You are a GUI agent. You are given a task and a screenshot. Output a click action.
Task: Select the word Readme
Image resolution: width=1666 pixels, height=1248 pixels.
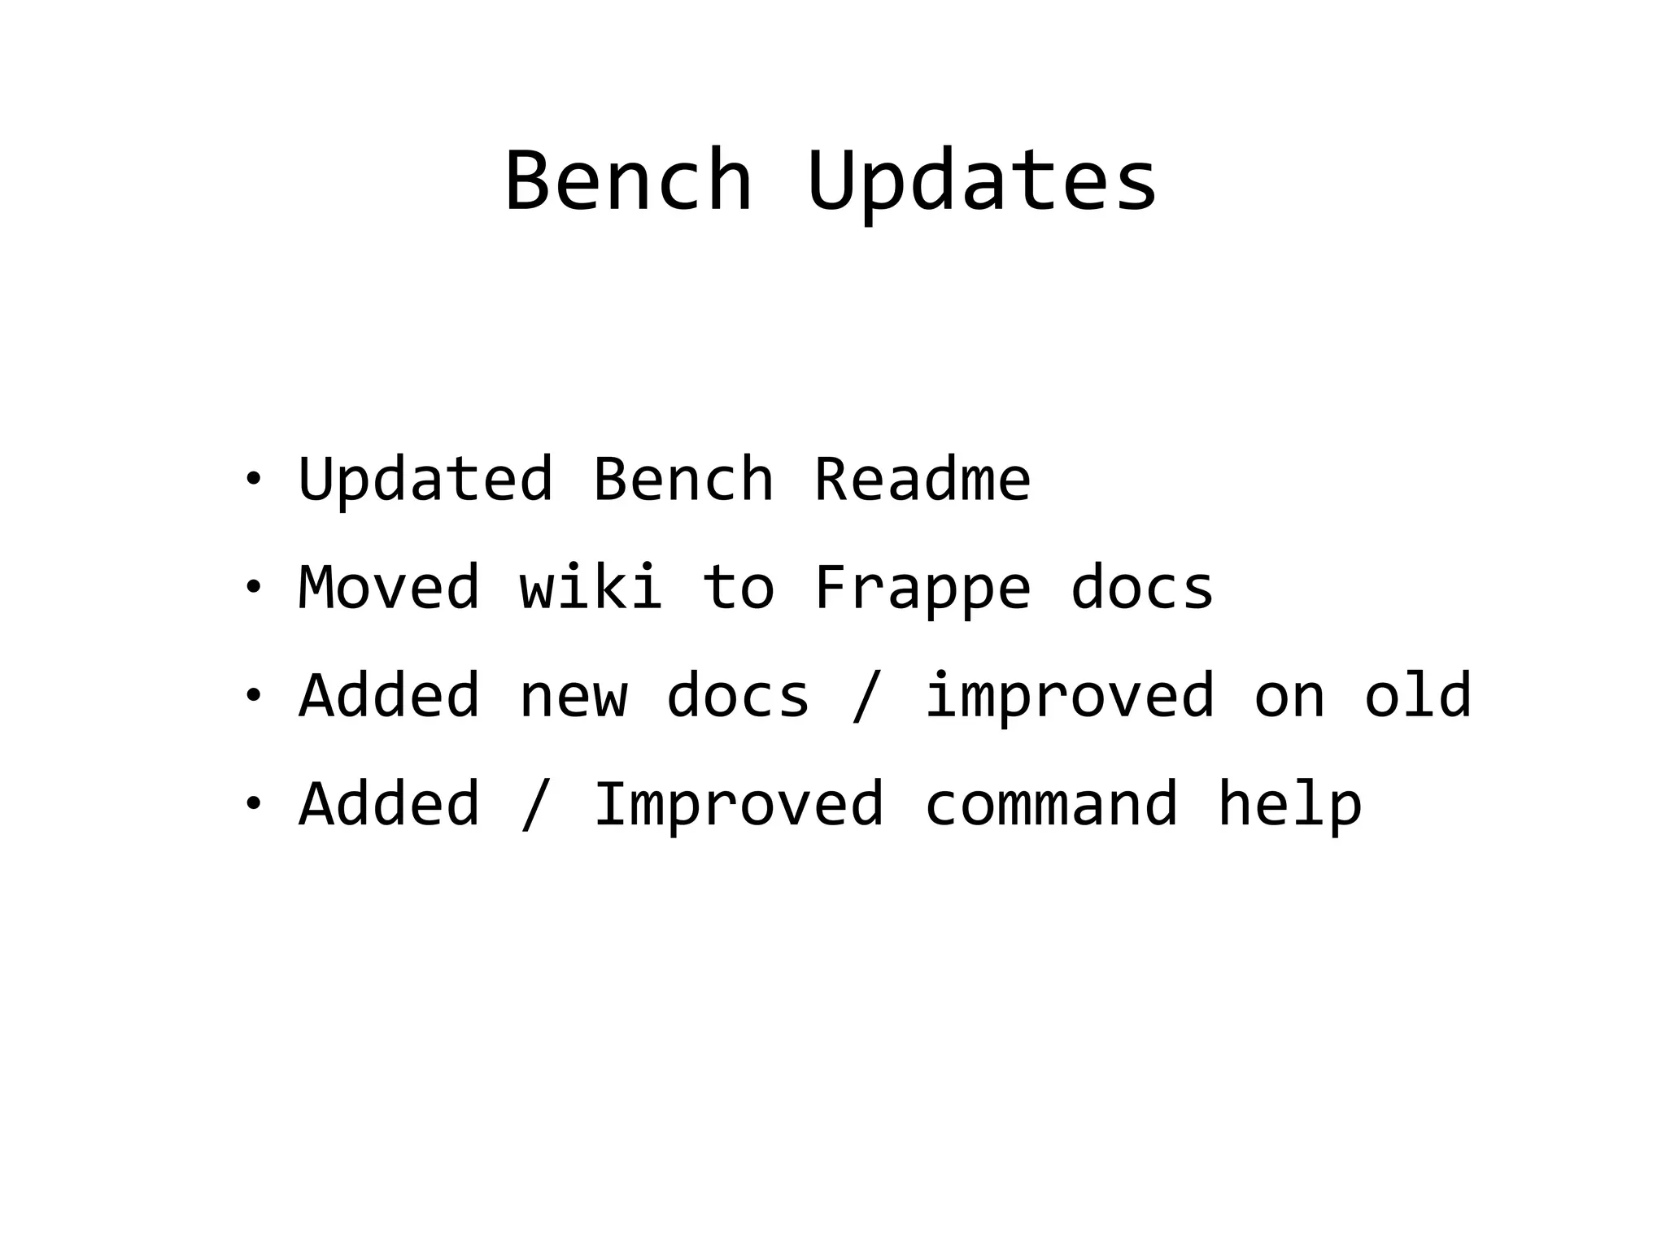click(922, 479)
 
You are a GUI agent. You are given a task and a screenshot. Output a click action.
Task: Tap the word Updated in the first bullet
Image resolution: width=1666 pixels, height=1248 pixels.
click(426, 479)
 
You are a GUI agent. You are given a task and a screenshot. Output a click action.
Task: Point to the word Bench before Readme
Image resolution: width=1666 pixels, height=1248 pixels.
click(683, 479)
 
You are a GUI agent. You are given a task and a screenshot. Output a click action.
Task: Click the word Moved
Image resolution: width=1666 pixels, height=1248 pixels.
click(390, 587)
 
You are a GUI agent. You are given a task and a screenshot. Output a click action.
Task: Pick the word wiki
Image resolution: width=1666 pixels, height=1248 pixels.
click(591, 587)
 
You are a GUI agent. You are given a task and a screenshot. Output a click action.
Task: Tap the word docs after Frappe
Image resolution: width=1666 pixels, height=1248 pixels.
click(1142, 587)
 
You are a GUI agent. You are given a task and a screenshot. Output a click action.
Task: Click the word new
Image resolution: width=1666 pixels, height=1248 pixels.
click(574, 697)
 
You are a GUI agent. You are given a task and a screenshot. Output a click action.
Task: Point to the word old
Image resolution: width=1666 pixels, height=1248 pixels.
click(1417, 695)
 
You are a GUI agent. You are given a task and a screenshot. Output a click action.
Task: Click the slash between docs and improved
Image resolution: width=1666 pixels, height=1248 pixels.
click(866, 697)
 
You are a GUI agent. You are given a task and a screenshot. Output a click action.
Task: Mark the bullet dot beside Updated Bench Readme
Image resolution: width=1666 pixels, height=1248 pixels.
click(253, 477)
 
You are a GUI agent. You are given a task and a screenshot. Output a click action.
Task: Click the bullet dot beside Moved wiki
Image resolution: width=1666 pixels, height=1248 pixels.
click(253, 586)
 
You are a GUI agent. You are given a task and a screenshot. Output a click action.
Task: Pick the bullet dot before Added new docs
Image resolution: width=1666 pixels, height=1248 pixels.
click(253, 695)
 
